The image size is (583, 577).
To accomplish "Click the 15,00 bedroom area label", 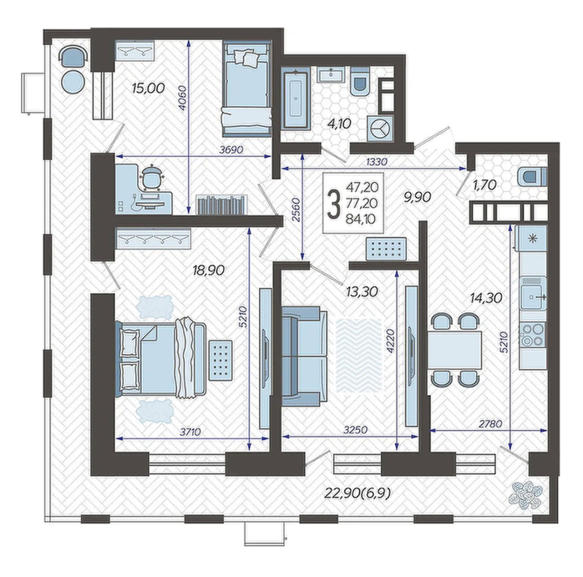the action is [x=148, y=89].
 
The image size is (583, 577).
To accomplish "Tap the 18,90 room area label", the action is [x=209, y=271].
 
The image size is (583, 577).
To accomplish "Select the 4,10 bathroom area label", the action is [x=339, y=124].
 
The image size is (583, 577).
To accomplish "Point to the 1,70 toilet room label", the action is [x=484, y=185].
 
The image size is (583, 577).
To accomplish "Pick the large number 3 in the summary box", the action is [x=333, y=204].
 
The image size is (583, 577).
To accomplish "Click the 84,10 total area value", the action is [x=362, y=219].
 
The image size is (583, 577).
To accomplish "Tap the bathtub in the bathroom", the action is [x=295, y=99].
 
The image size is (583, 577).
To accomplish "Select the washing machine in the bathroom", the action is [x=380, y=129].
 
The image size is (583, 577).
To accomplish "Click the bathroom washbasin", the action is [x=331, y=74].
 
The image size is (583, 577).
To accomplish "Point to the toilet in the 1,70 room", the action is [x=532, y=176].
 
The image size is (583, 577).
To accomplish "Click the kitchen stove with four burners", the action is [x=533, y=335].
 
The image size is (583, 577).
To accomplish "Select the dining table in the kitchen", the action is [x=454, y=350].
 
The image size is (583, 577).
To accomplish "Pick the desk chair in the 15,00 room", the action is [x=151, y=177].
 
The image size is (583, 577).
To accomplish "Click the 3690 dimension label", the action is [x=231, y=149].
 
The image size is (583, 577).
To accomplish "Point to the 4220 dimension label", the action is [x=390, y=342].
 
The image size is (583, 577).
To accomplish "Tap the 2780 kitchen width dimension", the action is [x=491, y=424].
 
